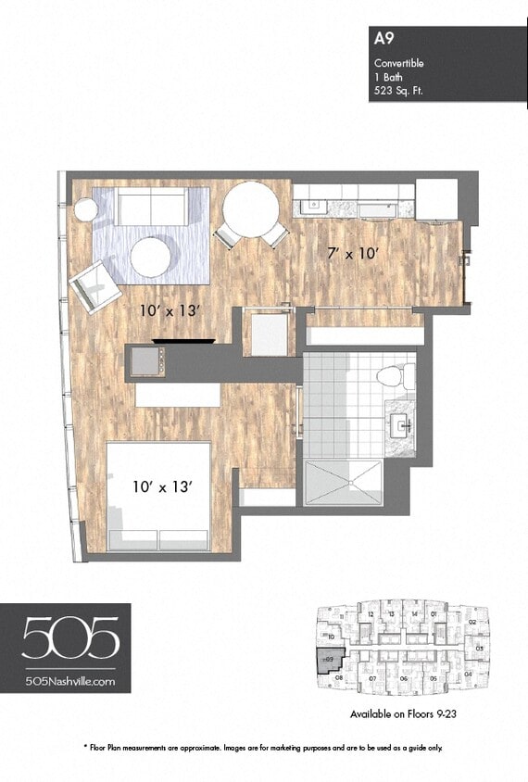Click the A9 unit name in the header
(x=382, y=39)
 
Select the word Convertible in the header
(x=398, y=63)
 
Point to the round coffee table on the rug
(x=150, y=257)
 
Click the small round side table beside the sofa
(x=85, y=210)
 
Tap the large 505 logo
(x=70, y=639)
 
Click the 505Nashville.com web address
(x=70, y=681)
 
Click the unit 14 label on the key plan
(x=414, y=613)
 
